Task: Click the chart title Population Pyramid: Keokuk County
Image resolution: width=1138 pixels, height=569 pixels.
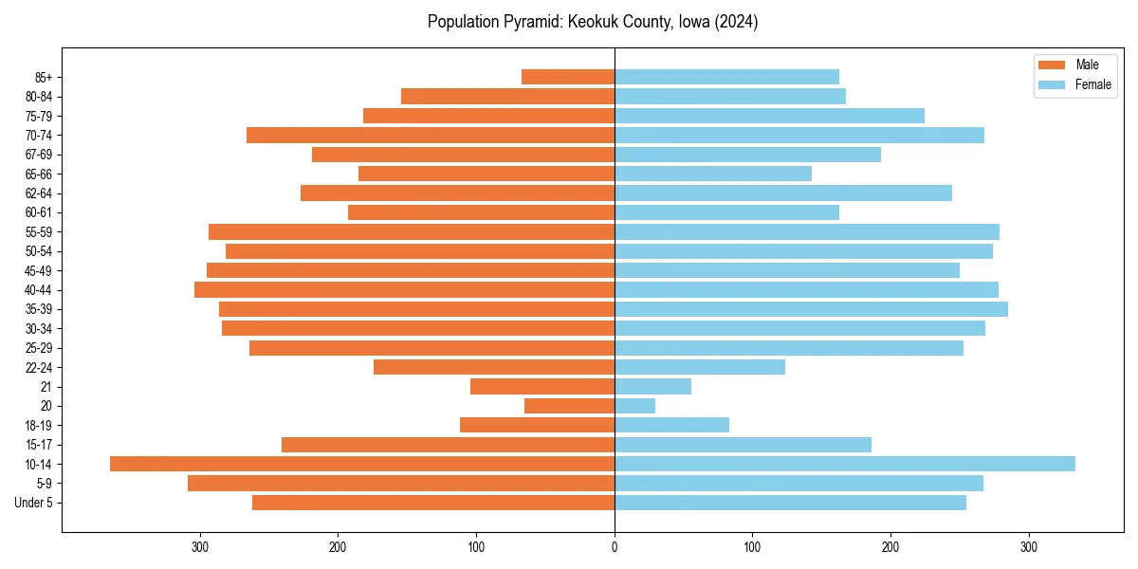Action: point(593,22)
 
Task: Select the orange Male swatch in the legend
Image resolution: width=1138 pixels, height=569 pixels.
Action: point(1052,64)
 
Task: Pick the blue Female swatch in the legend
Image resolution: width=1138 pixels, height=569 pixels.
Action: point(1052,84)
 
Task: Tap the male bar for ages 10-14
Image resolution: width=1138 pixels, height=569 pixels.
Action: point(362,464)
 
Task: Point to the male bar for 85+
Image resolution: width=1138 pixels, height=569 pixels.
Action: point(568,77)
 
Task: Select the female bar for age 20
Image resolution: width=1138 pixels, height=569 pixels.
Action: point(635,406)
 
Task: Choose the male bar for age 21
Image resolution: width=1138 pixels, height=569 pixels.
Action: point(542,386)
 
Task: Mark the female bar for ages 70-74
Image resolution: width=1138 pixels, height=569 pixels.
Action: point(799,135)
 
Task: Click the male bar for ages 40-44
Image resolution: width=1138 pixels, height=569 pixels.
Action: point(405,289)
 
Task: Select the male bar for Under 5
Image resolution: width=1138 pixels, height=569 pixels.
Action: point(433,503)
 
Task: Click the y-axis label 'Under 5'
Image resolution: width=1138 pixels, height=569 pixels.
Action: point(34,503)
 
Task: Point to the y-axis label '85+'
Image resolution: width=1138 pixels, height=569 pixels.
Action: point(43,77)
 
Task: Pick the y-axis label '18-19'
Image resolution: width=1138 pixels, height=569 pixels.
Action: point(39,425)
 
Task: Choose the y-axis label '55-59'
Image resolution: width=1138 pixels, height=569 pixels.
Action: point(39,231)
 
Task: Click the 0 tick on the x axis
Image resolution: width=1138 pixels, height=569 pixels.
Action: point(615,547)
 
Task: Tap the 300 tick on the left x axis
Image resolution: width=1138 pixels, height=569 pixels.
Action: point(200,547)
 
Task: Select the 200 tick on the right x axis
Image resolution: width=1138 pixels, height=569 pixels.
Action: point(890,547)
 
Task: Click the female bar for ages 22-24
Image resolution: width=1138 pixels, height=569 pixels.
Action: point(700,367)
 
